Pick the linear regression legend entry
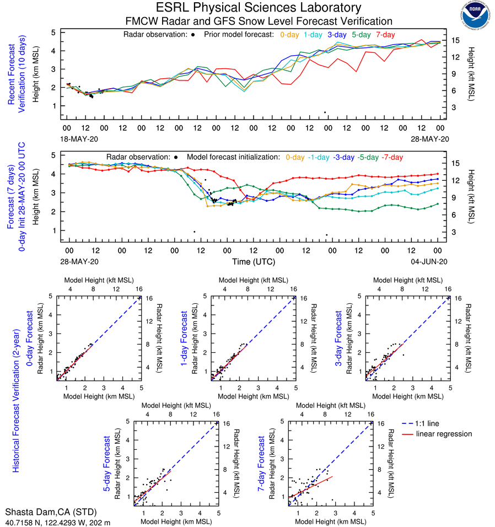pyautogui.click(x=444, y=434)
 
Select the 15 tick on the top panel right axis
pyautogui.click(x=455, y=40)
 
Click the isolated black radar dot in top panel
pyautogui.click(x=325, y=112)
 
